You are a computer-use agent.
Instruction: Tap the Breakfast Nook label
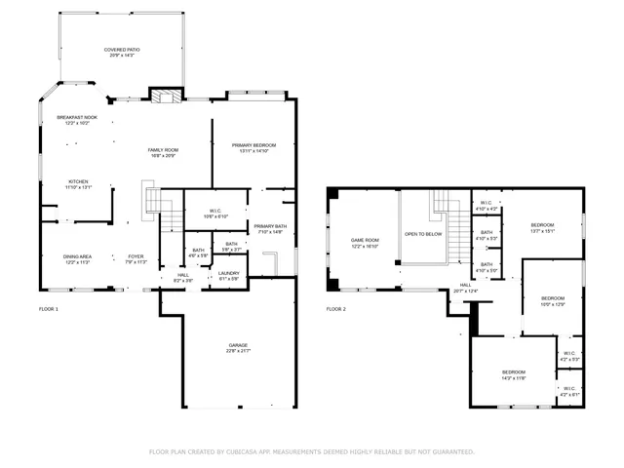click(76, 120)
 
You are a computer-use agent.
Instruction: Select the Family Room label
click(162, 153)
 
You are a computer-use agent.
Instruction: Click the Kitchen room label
click(79, 183)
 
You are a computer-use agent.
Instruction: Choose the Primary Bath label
click(270, 229)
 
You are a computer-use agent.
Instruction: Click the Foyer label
click(136, 259)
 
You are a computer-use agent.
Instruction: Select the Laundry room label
click(229, 276)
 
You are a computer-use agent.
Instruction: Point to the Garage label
click(238, 348)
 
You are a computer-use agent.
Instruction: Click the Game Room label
click(365, 243)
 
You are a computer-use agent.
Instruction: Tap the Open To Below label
click(423, 234)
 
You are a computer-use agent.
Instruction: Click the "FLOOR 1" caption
click(49, 309)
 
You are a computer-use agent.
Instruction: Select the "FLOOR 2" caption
click(335, 309)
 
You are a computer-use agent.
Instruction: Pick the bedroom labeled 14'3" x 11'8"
click(514, 374)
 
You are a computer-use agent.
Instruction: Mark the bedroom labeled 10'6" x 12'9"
click(553, 301)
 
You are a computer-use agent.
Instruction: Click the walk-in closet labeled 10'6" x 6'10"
click(216, 214)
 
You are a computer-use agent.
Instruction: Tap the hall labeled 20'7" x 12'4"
click(465, 288)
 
